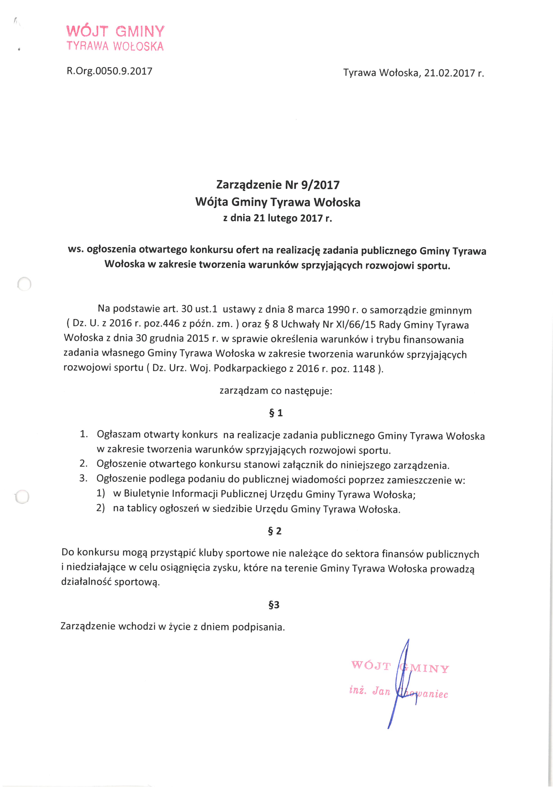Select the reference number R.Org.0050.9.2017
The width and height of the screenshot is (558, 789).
pos(109,71)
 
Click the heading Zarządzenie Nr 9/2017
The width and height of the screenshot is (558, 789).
pos(278,185)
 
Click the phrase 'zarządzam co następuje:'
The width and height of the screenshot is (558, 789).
pos(276,391)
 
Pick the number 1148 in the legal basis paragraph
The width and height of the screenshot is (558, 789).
pos(364,369)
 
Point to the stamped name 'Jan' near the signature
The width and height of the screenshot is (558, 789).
pos(381,691)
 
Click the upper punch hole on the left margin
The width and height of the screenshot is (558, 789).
pos(24,284)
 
